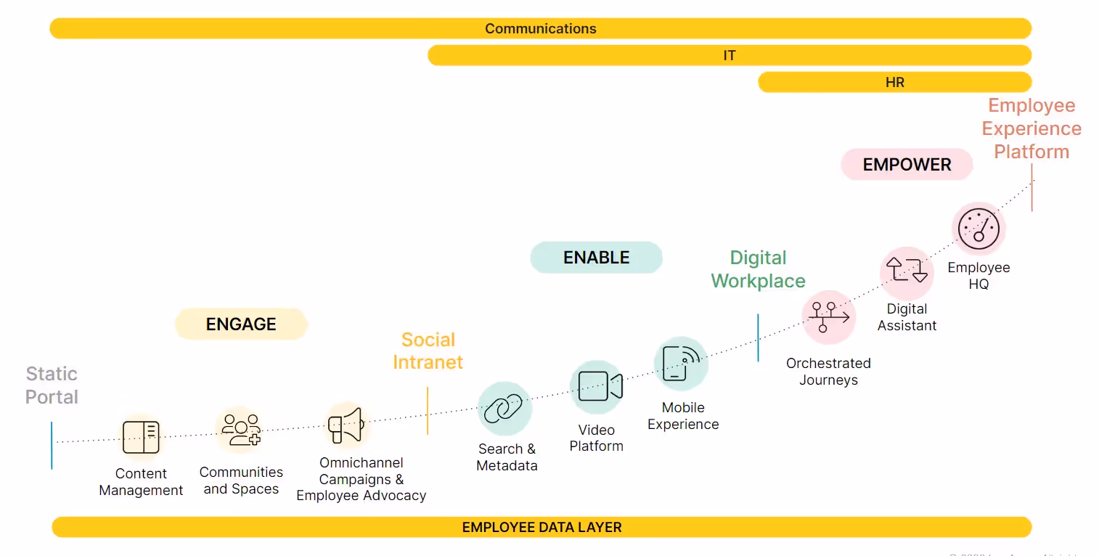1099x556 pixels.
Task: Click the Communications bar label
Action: [540, 29]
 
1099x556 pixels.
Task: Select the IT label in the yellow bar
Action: [730, 56]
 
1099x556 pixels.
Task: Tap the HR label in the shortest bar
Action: [894, 83]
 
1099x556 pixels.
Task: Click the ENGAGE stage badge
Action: [241, 324]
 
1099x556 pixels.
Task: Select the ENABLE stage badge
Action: [596, 258]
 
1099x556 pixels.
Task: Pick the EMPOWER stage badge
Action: [907, 165]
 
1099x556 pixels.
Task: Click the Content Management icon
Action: [141, 437]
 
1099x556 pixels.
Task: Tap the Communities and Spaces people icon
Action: [241, 430]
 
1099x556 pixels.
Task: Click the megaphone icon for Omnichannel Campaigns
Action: [345, 425]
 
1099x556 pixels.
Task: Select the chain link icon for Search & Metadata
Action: [504, 409]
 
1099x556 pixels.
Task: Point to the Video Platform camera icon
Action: [597, 387]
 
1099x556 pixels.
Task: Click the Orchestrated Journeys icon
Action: [829, 317]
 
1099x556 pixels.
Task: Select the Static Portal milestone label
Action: [52, 385]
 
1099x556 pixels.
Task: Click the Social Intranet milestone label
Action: [428, 351]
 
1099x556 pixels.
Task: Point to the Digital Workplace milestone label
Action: [758, 269]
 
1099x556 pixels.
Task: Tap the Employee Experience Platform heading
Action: [1031, 128]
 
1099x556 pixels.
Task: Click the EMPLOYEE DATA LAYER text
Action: [542, 528]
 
